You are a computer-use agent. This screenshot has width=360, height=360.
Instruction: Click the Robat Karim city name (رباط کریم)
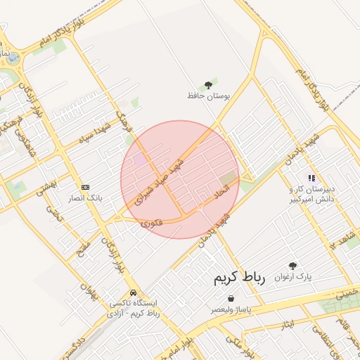[240, 277]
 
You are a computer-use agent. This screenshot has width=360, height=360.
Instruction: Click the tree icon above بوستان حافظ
[208, 84]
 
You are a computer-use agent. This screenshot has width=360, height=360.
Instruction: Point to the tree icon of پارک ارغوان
[292, 266]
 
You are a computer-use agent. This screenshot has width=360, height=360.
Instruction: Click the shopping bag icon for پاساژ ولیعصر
[231, 299]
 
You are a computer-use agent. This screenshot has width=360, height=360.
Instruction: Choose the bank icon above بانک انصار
[86, 187]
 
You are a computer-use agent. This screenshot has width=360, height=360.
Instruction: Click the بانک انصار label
[86, 198]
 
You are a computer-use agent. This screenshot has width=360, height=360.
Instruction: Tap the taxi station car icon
[133, 292]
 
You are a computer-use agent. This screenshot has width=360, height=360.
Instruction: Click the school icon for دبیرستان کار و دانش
[311, 179]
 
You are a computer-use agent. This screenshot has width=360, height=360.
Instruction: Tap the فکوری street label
[151, 224]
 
